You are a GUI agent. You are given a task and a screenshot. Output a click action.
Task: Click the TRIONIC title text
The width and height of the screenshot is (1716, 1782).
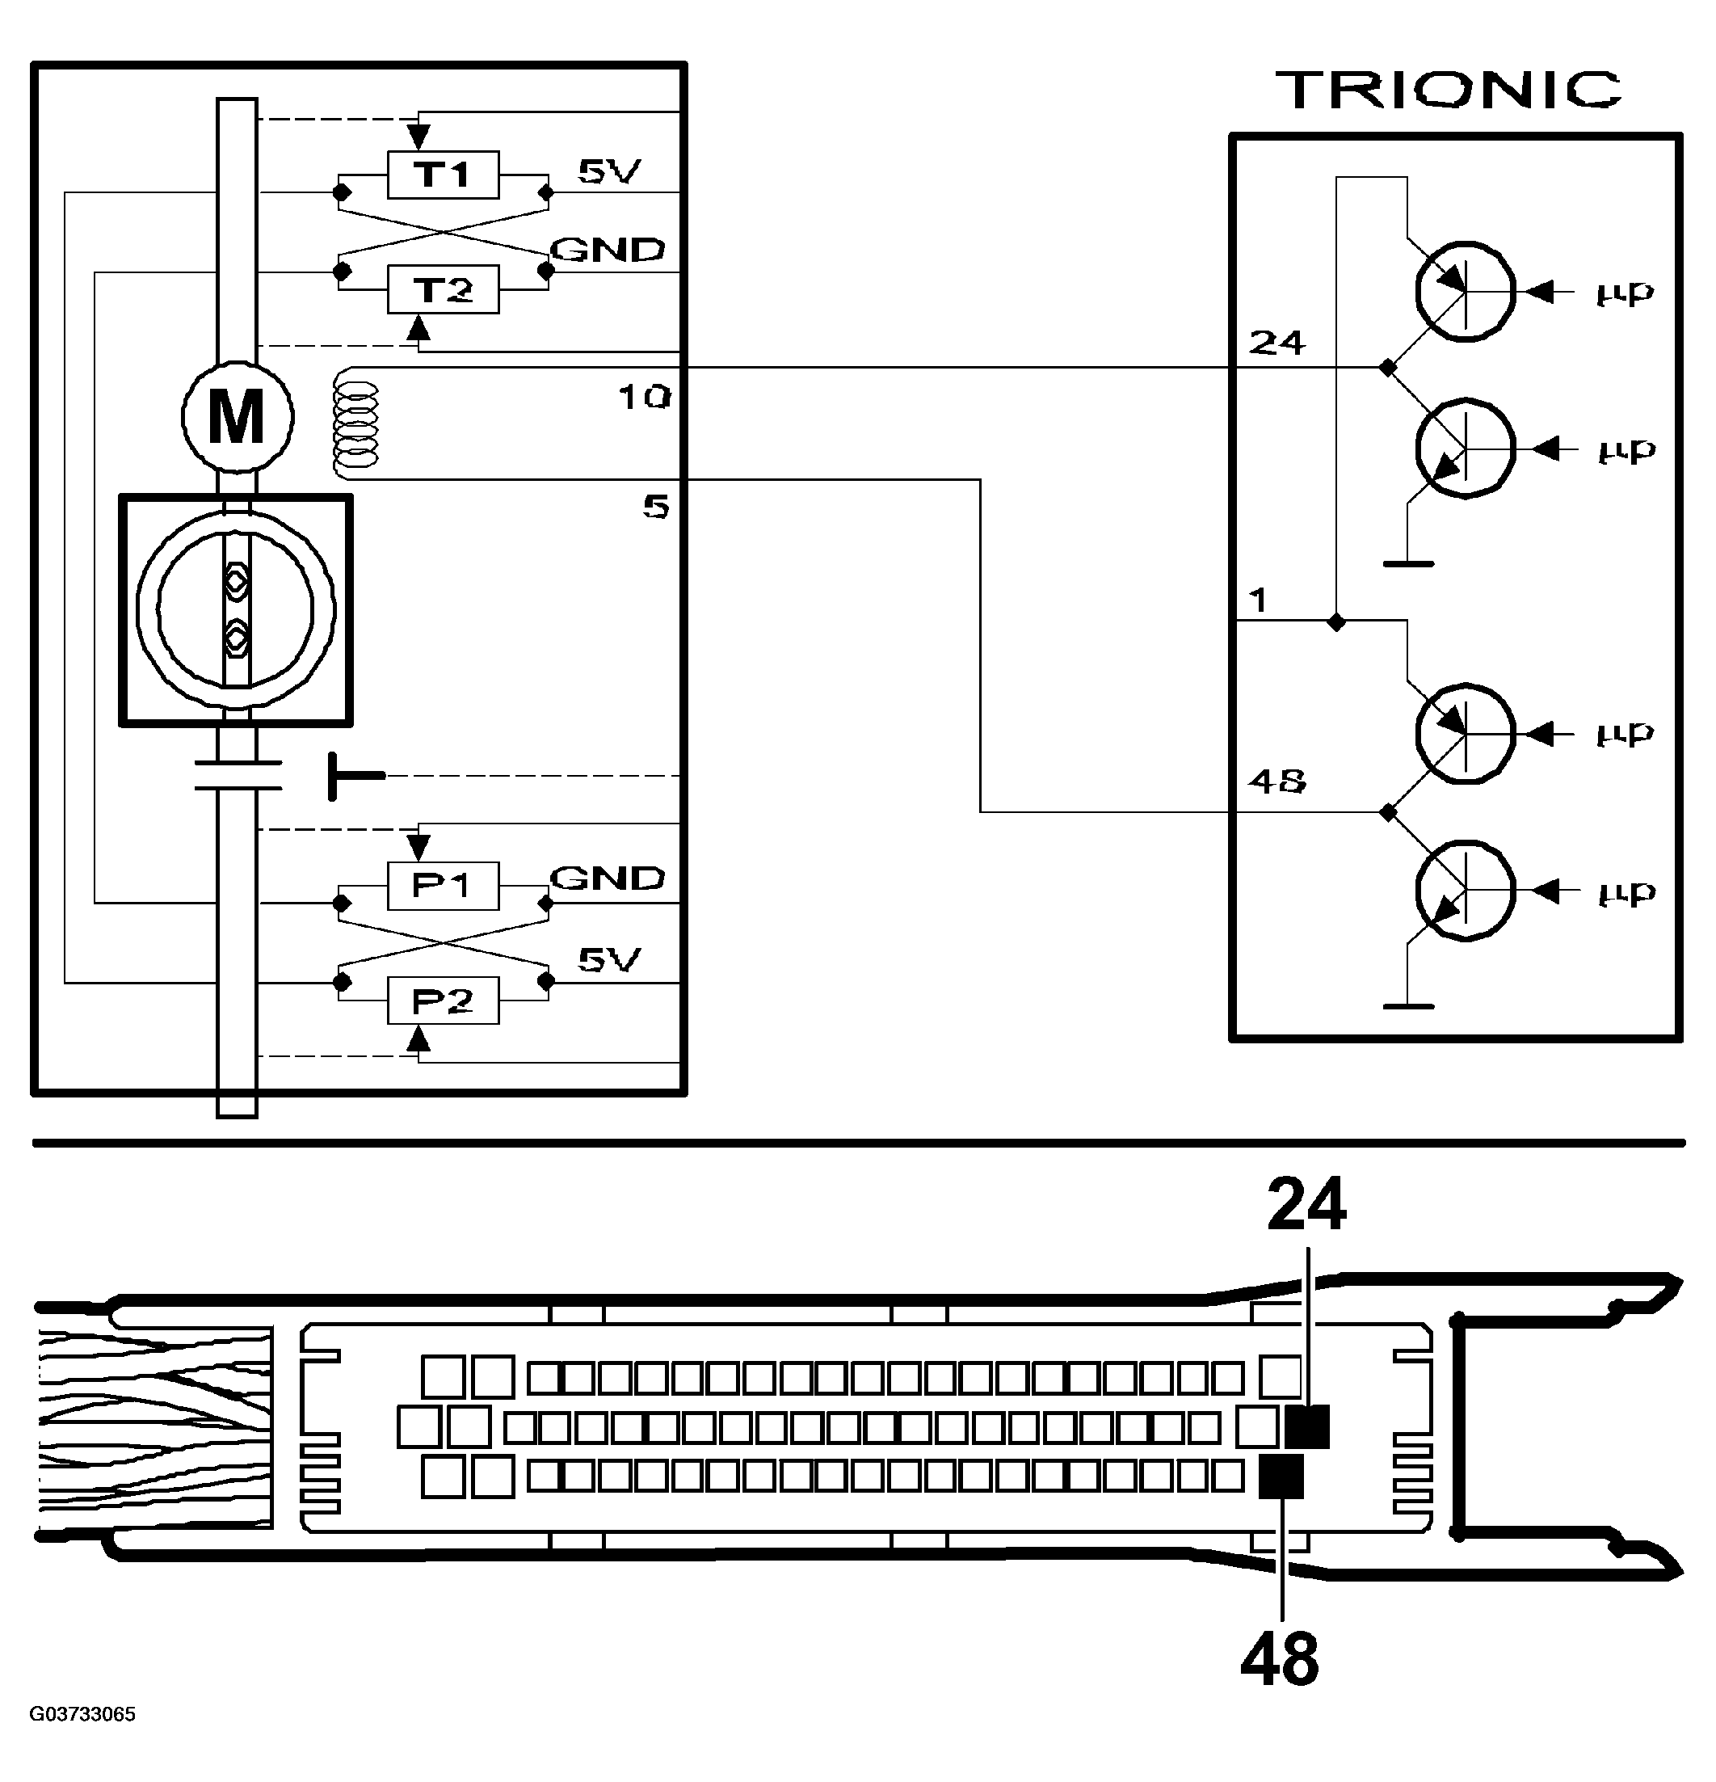coord(1449,89)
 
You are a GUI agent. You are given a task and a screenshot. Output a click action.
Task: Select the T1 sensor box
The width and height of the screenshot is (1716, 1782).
coord(443,175)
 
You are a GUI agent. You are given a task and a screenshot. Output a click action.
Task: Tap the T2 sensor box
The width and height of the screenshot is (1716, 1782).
coord(443,290)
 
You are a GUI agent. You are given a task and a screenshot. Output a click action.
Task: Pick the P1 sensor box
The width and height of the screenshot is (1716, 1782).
coord(443,886)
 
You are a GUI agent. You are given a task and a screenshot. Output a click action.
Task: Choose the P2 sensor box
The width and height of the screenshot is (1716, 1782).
coord(443,1001)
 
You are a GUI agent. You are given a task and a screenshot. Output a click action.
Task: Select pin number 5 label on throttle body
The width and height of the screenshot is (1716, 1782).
coord(656,508)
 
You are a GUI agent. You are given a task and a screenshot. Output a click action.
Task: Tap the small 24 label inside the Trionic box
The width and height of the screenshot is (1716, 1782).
coord(1277,343)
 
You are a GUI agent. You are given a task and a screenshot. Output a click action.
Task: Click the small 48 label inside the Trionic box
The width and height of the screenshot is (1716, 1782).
coord(1277,781)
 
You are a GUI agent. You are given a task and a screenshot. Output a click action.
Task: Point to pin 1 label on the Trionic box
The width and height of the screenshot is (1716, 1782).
coord(1259,600)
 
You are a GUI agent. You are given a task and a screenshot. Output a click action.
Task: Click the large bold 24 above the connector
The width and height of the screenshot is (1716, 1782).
coord(1306,1206)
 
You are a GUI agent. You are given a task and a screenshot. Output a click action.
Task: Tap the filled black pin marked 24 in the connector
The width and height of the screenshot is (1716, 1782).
coord(1308,1426)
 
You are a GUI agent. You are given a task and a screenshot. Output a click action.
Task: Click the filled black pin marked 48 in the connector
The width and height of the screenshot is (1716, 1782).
coord(1281,1477)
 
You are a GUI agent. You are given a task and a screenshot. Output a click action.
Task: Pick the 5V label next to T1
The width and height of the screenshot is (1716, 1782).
coord(609,171)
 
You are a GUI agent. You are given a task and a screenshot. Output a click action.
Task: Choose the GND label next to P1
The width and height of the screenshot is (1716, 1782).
coord(608,878)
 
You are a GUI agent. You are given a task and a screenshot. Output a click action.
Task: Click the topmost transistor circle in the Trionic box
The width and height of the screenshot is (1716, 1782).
coord(1466,292)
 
